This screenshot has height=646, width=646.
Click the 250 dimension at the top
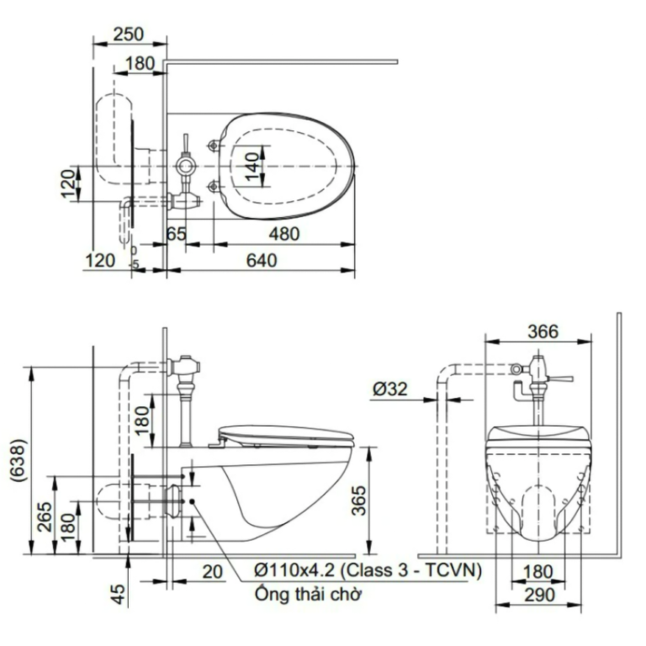pos(129,34)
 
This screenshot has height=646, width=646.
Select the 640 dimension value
pos(262,261)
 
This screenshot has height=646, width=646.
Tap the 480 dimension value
pos(284,234)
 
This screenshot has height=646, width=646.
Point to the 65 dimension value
pos(177,234)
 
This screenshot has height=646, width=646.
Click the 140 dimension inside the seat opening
pos(252,167)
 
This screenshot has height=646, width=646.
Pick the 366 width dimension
pos(543,331)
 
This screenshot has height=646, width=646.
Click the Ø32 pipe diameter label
pos(389,389)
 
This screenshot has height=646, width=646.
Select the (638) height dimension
pos(19,460)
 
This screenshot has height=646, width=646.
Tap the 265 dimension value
pos(45,516)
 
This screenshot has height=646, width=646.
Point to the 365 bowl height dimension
pos(358,500)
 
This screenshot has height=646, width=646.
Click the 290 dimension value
pos(540,595)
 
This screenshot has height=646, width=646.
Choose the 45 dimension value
pos(119,594)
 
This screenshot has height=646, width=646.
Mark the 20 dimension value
pos(213,572)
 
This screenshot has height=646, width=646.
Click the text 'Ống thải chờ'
pos(308,594)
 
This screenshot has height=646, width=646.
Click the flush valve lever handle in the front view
pos(560,379)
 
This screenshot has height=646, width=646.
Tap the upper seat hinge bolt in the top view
pos(214,146)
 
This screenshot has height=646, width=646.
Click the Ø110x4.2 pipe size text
pos(295,570)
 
